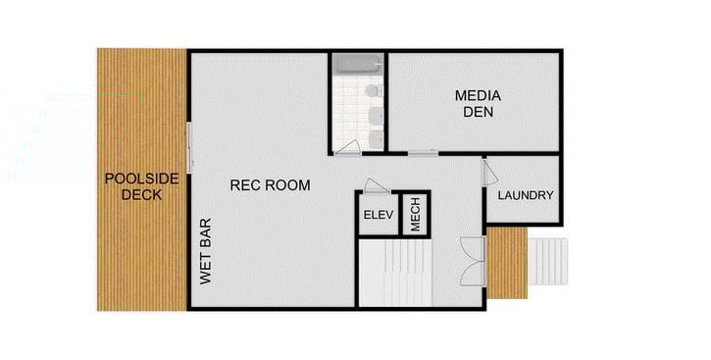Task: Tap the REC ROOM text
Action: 270,184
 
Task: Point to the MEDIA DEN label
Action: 478,103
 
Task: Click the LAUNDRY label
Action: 525,195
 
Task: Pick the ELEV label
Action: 378,215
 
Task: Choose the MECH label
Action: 416,215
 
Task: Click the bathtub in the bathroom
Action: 358,65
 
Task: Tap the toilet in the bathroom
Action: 372,91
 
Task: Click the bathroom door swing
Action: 347,148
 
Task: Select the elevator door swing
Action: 377,185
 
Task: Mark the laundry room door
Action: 489,173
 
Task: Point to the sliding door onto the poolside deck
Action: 189,147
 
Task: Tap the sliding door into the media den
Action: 423,152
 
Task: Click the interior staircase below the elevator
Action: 392,274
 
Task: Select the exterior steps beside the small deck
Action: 548,261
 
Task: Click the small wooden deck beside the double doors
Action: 507,262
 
